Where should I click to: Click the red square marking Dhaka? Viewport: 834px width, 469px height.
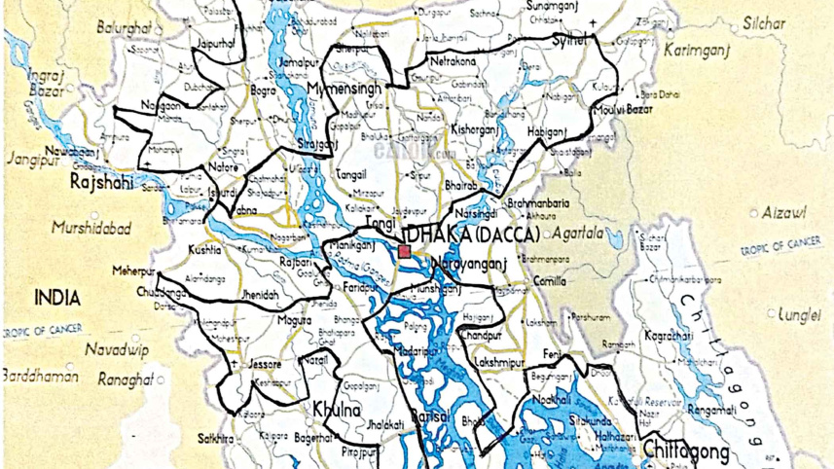405,252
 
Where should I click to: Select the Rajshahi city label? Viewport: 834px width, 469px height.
100,181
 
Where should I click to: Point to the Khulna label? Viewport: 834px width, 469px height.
337,411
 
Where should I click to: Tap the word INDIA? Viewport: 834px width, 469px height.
56,297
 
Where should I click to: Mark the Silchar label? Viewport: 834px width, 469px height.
764,22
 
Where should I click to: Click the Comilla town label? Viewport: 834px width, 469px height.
549,281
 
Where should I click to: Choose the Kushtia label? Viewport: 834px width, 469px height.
204,250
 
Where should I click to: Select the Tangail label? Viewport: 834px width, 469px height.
350,175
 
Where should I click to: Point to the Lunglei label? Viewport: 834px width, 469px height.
801,315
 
